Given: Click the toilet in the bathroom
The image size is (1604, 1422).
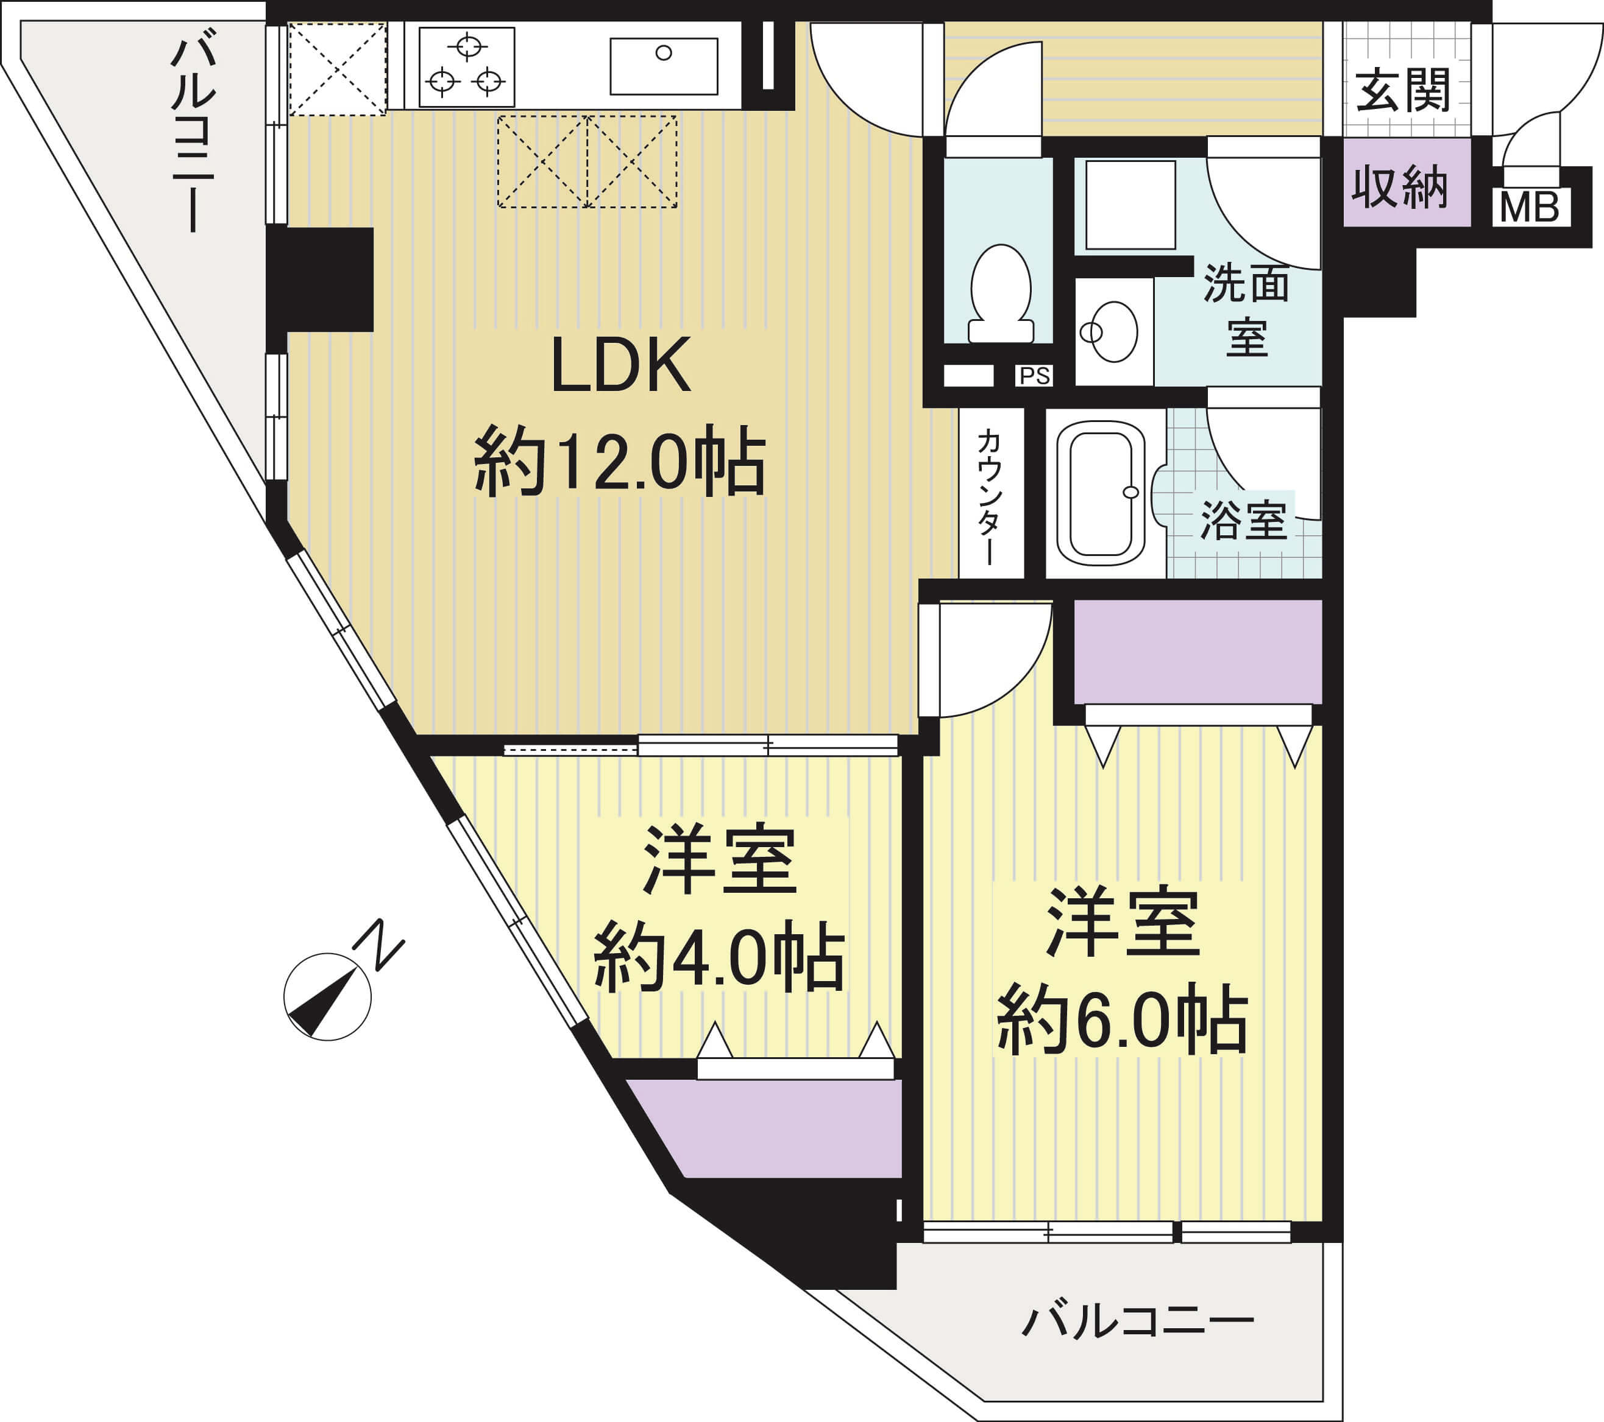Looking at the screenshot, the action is point(1001,294).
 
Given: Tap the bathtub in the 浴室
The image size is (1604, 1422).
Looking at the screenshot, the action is point(1102,492).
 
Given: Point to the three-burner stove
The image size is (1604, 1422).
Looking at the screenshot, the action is point(467,66).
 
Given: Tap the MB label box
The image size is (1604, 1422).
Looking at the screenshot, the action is point(1530,208).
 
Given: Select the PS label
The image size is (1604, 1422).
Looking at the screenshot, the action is point(1034,376).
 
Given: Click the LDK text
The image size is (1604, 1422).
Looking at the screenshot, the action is point(622,365).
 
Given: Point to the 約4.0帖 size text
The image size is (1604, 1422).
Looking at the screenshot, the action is point(719,959).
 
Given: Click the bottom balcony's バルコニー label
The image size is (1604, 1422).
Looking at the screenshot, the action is point(1138,1322).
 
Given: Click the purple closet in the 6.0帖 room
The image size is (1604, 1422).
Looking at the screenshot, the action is point(1198,652).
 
